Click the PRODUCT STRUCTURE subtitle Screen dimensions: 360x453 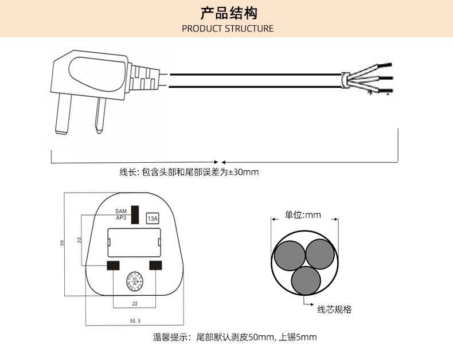[228, 29]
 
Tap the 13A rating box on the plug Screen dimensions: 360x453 [153, 218]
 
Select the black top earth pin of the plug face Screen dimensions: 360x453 [135, 214]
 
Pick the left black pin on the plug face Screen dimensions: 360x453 [112, 265]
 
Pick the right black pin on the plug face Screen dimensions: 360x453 [155, 265]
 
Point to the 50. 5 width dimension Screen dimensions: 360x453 [135, 320]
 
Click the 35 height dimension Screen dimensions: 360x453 [62, 243]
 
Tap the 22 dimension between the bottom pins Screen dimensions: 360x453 [135, 303]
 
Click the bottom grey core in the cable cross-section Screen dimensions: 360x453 [306, 280]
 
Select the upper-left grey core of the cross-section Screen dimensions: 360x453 [289, 255]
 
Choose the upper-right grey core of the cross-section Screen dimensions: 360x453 [320, 254]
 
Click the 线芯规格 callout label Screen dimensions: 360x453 [334, 310]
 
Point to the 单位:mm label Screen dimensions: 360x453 [303, 216]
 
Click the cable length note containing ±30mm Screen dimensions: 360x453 [189, 172]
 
